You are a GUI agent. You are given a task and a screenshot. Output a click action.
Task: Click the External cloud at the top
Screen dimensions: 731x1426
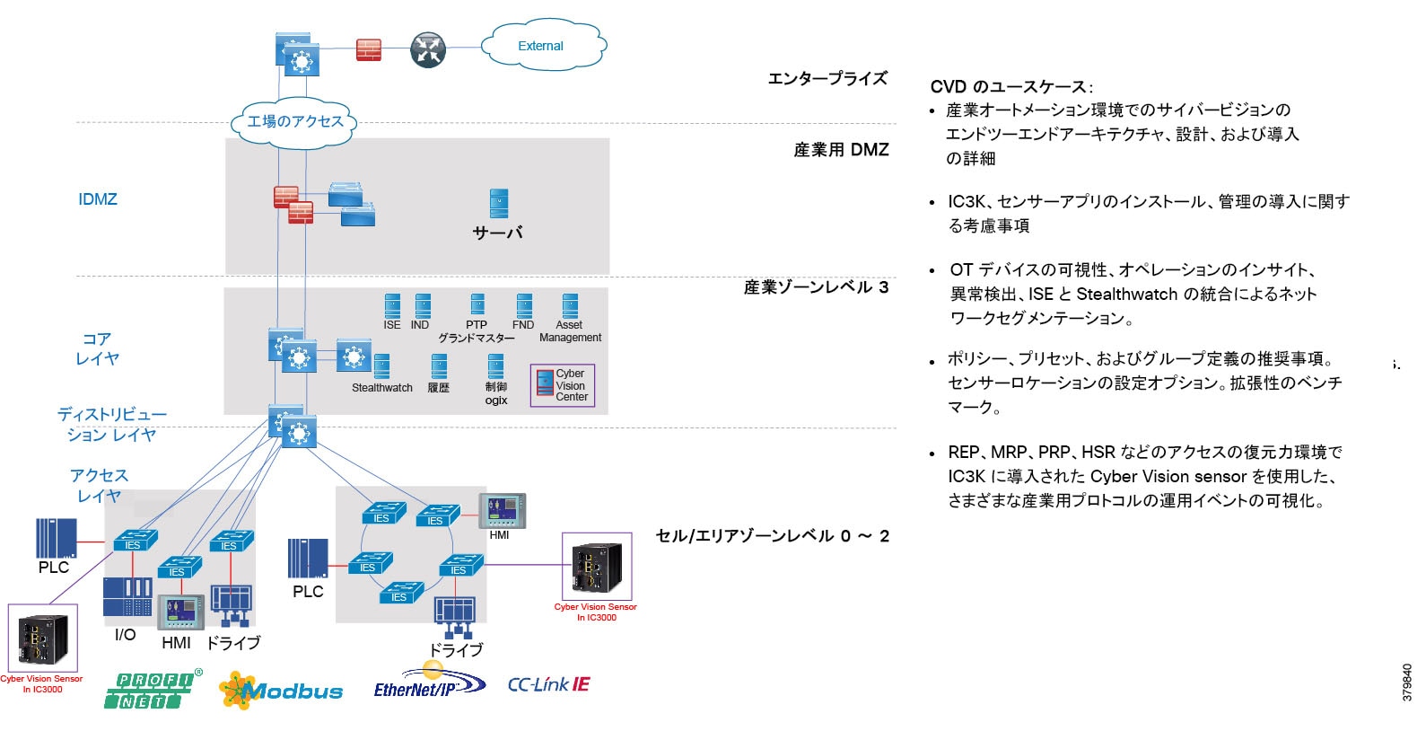[x=542, y=46]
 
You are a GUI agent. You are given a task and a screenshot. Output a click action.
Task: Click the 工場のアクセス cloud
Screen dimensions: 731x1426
[x=295, y=121]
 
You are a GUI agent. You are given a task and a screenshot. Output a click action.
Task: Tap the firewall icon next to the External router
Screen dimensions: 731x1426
[x=369, y=49]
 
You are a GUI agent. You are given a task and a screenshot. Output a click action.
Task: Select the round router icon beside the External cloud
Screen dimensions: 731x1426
[x=428, y=50]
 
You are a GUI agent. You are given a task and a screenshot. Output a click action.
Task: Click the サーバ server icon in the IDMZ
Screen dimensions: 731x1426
[x=499, y=203]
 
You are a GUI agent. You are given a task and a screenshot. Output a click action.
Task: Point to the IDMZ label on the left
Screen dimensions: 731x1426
[x=98, y=199]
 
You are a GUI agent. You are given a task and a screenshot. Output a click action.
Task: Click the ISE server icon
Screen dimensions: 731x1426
[x=392, y=306]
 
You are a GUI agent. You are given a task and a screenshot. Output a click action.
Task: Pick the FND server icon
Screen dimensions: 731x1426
[x=524, y=306]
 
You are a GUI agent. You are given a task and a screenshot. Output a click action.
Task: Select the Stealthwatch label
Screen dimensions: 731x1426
[x=382, y=388]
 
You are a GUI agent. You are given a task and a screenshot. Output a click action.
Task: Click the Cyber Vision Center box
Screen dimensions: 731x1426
[x=563, y=385]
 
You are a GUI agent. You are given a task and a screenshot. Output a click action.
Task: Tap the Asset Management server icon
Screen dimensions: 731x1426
[x=570, y=306]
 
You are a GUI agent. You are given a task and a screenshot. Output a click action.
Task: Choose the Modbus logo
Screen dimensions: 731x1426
[x=282, y=691]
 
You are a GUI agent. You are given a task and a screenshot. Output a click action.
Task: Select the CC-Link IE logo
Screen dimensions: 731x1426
[x=548, y=684]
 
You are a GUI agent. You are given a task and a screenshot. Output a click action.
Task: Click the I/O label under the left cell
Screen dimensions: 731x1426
[x=125, y=635]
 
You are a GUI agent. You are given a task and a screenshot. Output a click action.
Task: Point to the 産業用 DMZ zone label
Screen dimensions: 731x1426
[x=841, y=150]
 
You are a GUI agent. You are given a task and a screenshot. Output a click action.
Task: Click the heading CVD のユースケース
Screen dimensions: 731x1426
[x=1010, y=87]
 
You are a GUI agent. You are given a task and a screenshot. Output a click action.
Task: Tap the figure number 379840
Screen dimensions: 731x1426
[x=1407, y=683]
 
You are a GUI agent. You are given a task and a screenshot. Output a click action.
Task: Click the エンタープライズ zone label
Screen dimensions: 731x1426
[x=827, y=79]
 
